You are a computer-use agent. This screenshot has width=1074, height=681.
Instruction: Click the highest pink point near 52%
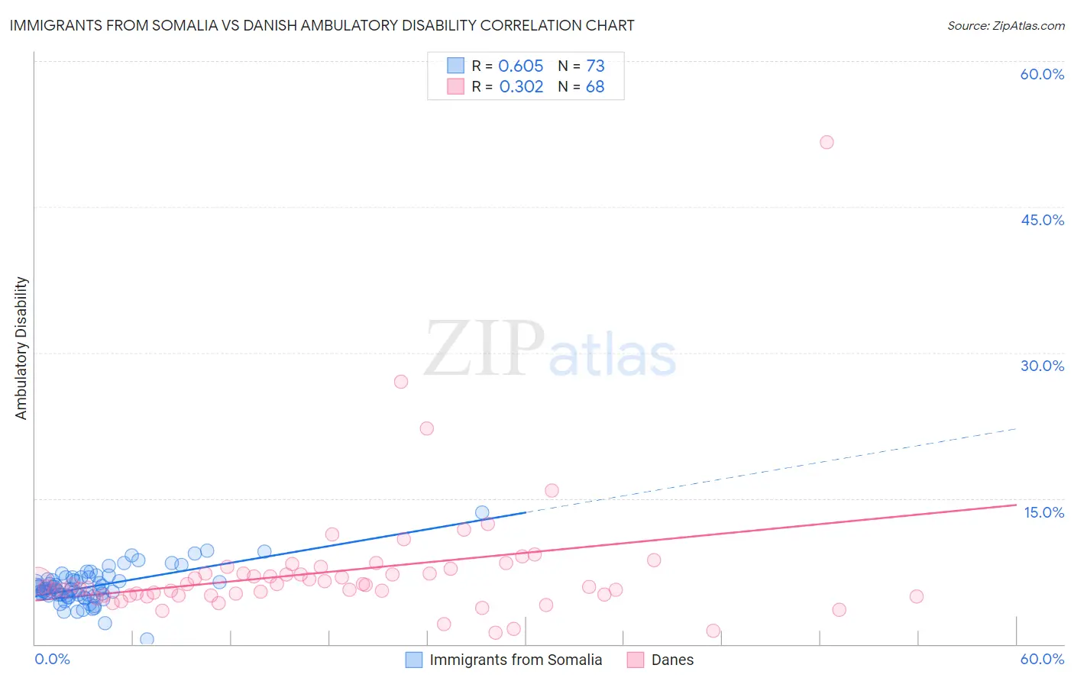click(827, 142)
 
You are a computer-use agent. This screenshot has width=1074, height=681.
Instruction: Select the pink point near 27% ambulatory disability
click(401, 382)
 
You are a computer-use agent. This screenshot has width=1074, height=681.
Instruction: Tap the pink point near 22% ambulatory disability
click(427, 428)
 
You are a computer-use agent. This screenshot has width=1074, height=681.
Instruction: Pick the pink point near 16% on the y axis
click(552, 491)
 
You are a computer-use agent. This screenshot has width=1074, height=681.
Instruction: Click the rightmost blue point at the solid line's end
click(482, 512)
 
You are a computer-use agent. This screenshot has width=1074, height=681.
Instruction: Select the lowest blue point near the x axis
click(147, 639)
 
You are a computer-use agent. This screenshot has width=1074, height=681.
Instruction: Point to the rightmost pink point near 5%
click(917, 596)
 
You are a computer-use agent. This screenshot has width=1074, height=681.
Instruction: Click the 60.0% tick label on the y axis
click(1042, 74)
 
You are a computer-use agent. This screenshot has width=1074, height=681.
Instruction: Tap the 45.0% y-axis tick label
click(1042, 220)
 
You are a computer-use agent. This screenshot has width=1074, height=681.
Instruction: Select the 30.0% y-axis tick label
click(1042, 366)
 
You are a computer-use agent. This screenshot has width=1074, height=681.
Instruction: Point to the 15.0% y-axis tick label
click(1043, 512)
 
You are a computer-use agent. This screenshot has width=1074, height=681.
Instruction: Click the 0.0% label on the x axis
click(52, 659)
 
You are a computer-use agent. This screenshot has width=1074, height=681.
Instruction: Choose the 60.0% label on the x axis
click(1042, 659)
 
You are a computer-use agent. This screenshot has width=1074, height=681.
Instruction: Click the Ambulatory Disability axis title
click(21, 348)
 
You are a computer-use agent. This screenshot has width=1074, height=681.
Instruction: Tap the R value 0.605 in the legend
click(521, 66)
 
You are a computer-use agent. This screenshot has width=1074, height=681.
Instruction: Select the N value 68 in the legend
click(595, 86)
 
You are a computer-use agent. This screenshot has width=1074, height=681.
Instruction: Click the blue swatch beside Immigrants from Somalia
click(414, 660)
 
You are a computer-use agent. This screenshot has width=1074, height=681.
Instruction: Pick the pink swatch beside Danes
click(636, 660)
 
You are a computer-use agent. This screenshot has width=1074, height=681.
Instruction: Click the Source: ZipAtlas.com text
click(1005, 25)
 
